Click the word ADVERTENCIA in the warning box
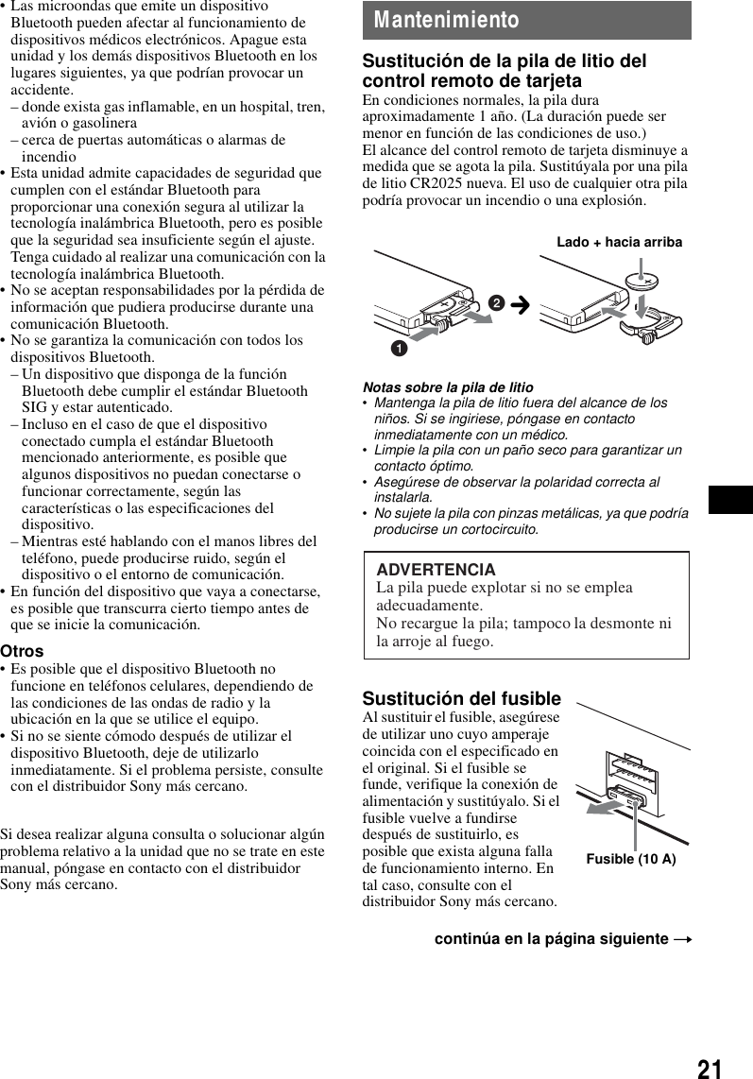436,570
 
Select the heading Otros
22,651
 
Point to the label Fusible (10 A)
631,859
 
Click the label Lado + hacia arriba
619,242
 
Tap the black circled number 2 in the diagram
496,302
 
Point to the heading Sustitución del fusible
461,698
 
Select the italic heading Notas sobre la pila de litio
448,387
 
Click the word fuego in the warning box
472,642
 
